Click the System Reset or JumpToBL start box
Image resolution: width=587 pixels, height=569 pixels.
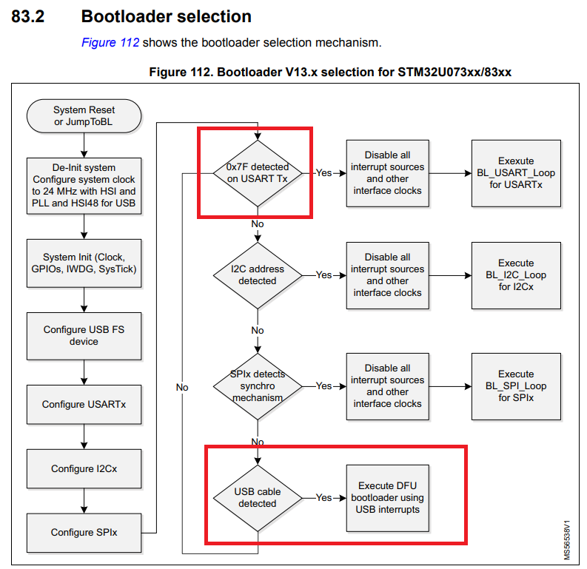84,115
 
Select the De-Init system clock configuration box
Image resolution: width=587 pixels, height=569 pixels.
84,185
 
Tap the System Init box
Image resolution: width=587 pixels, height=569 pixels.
84,263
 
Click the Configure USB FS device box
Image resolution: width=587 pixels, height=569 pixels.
84,335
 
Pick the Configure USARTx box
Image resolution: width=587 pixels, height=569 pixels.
84,404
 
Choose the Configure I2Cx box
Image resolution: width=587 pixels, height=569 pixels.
84,468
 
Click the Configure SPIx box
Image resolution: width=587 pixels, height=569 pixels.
84,532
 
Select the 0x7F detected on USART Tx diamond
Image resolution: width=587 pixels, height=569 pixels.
258,172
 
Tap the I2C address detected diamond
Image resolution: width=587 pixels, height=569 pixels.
258,275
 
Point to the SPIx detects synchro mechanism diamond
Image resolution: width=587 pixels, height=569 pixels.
258,385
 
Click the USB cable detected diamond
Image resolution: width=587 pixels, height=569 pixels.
258,497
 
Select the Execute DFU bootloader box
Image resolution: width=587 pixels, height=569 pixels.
388,497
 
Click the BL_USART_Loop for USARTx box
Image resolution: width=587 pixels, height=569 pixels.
515,172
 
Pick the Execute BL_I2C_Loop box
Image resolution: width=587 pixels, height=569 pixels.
515,275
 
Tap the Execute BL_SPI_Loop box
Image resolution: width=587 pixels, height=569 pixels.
515,385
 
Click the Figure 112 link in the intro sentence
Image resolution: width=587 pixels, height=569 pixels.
110,42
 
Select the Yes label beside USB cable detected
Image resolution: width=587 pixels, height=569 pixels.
323,498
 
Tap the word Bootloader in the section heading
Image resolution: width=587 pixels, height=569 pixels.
122,16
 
